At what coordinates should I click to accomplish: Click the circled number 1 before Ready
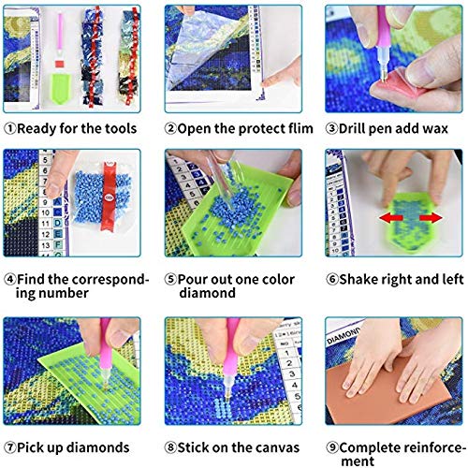point(10,129)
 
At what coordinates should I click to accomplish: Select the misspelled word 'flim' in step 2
point(300,128)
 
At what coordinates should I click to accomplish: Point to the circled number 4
point(10,279)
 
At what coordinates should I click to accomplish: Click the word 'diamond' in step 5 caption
point(207,293)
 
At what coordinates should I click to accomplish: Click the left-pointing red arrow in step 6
point(391,218)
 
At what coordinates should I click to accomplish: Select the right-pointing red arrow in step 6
point(431,217)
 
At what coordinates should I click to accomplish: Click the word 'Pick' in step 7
point(31,447)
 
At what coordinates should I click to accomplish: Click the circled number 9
point(332,447)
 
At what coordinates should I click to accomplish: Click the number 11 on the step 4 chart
point(45,224)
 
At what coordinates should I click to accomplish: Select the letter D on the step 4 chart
point(57,223)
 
